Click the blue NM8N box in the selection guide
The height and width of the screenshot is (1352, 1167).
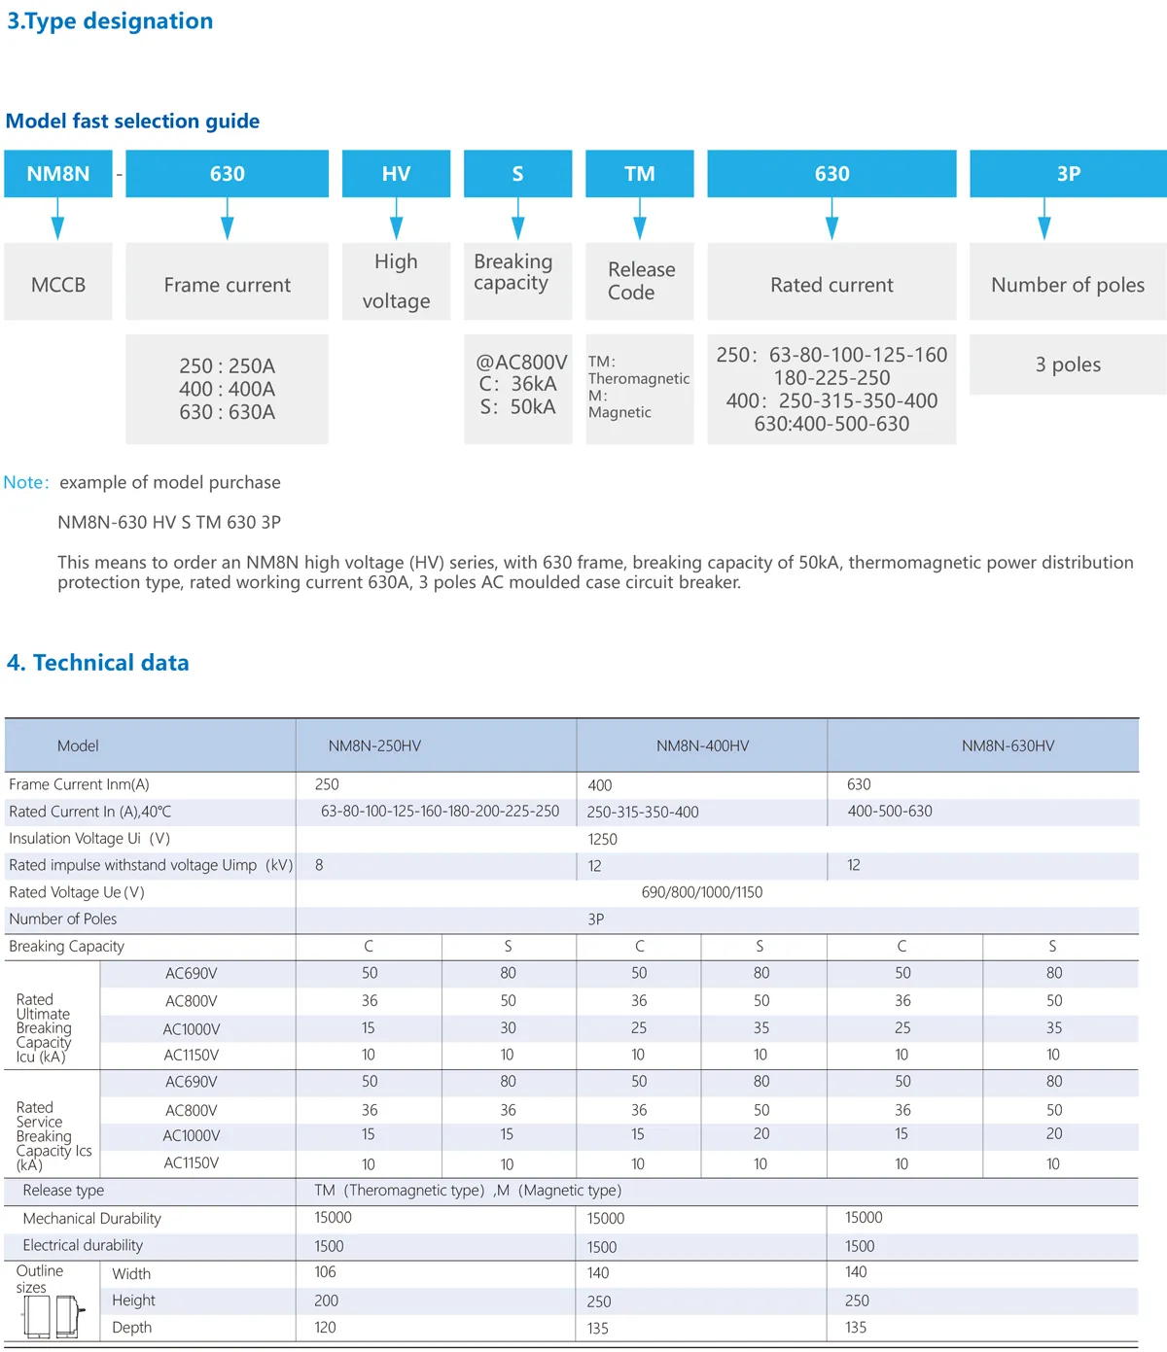pyautogui.click(x=58, y=174)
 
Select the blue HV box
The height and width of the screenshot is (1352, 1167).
pyautogui.click(x=396, y=174)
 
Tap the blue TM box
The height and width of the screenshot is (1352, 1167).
pyautogui.click(x=639, y=174)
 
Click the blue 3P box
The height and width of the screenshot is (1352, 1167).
pyautogui.click(x=1068, y=174)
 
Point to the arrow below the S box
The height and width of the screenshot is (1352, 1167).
pyautogui.click(x=518, y=219)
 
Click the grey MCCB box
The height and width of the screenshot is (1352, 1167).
pyautogui.click(x=58, y=285)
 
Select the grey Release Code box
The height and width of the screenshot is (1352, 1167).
pyautogui.click(x=639, y=281)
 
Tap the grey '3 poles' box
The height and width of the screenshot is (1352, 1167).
pyautogui.click(x=1068, y=364)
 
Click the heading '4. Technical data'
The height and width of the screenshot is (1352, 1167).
pyautogui.click(x=98, y=663)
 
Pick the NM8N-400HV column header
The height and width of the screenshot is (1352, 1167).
pyautogui.click(x=702, y=745)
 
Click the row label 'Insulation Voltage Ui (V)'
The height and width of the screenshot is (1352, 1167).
pyautogui.click(x=89, y=838)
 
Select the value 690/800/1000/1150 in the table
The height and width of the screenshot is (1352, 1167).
pyautogui.click(x=702, y=892)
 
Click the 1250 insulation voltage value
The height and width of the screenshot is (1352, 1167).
pyautogui.click(x=603, y=839)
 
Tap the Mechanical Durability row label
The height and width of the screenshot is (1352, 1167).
pyautogui.click(x=92, y=1219)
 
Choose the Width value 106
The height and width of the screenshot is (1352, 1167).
pyautogui.click(x=326, y=1272)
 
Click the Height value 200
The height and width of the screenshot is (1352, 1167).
pyautogui.click(x=327, y=1300)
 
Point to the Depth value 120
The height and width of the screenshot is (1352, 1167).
pyautogui.click(x=326, y=1328)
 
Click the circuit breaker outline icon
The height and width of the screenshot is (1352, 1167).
pyautogui.click(x=53, y=1316)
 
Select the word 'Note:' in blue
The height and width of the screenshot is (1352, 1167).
pyautogui.click(x=26, y=482)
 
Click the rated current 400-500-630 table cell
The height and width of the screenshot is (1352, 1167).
pyautogui.click(x=890, y=811)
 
